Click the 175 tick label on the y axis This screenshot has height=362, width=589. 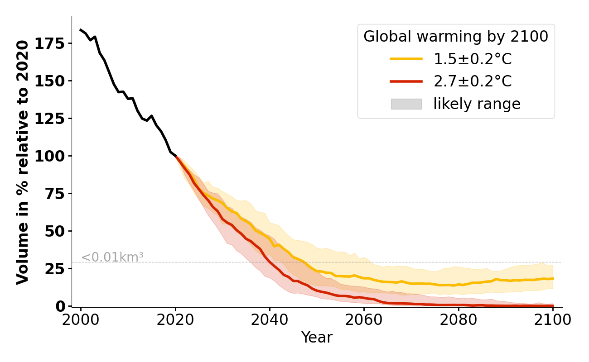[53, 43]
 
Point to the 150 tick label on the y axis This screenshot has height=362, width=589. [53, 81]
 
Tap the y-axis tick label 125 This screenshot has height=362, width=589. [53, 119]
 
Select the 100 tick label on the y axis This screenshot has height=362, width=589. [53, 156]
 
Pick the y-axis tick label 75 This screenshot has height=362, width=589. [58, 194]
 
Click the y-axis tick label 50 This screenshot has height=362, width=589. [58, 231]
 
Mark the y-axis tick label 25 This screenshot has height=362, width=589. [58, 269]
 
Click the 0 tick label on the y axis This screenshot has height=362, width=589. [62, 306]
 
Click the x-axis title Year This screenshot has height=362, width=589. [317, 338]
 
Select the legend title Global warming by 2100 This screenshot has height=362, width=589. [456, 37]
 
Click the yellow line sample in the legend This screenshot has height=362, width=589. [406, 59]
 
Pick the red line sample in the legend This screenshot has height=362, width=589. [406, 81]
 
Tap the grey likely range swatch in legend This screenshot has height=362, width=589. [406, 104]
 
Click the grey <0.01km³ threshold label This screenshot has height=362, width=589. [112, 257]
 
